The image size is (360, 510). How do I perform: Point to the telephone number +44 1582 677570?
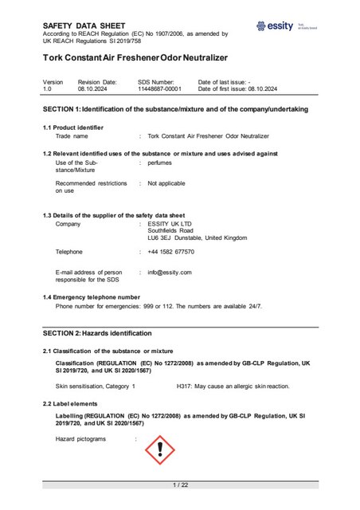[x=170, y=252]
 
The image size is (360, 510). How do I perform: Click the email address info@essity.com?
[x=170, y=273]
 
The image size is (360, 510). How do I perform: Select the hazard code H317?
[x=185, y=386]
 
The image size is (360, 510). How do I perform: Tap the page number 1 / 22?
[x=180, y=485]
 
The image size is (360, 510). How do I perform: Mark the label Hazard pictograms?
[x=80, y=439]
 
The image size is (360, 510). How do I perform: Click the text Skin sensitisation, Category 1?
[x=96, y=386]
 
